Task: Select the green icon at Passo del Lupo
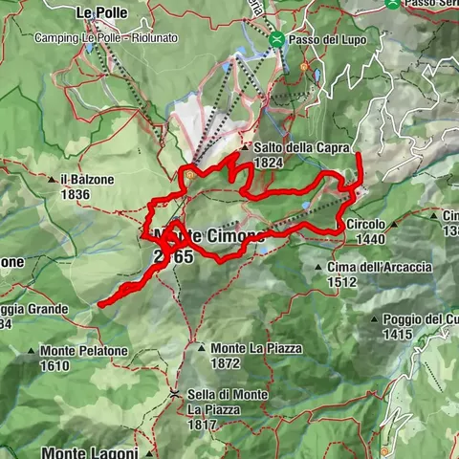click(x=276, y=39)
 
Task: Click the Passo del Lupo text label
click(x=323, y=39)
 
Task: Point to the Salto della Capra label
click(x=295, y=147)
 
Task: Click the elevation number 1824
click(x=267, y=163)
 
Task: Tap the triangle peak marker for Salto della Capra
click(x=245, y=148)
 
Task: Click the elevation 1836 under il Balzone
click(x=75, y=195)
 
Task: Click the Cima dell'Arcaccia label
click(x=380, y=267)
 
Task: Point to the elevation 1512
click(x=341, y=282)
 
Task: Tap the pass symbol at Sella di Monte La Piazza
click(x=175, y=393)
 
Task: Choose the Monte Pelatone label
click(x=84, y=351)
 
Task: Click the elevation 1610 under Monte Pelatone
click(x=56, y=365)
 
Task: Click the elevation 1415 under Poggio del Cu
click(x=399, y=334)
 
